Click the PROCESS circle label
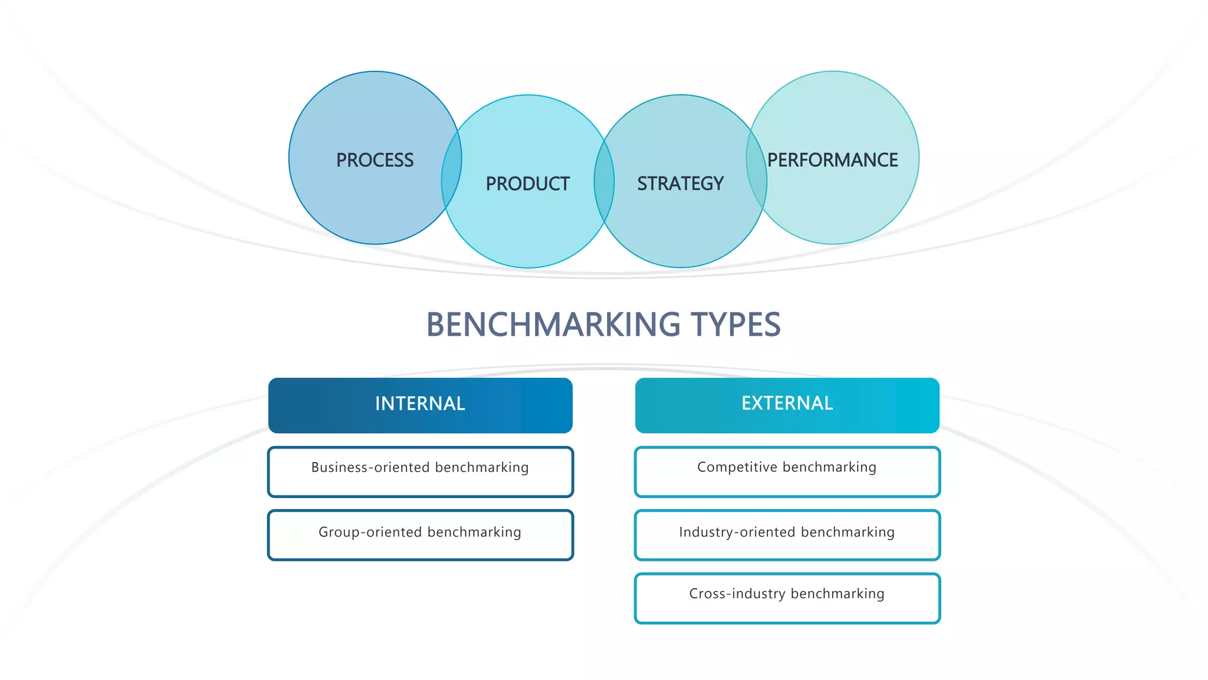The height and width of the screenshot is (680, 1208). click(375, 160)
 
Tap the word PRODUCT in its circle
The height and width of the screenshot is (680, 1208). click(527, 184)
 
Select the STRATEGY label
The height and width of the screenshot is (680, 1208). click(680, 184)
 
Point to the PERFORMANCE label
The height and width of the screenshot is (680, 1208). click(832, 160)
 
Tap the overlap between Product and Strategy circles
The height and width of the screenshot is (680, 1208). click(604, 181)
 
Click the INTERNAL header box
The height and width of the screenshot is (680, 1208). click(420, 405)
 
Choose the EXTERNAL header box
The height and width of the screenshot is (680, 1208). click(787, 405)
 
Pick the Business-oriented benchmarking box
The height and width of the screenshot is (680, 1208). click(420, 472)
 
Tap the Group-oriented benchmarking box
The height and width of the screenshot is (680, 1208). click(420, 535)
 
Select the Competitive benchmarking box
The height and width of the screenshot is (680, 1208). click(787, 472)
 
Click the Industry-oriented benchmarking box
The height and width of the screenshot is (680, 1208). click(787, 535)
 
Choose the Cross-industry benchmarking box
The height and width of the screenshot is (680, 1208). click(787, 598)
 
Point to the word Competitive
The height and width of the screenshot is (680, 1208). click(737, 467)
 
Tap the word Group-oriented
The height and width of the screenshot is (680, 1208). click(369, 532)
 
